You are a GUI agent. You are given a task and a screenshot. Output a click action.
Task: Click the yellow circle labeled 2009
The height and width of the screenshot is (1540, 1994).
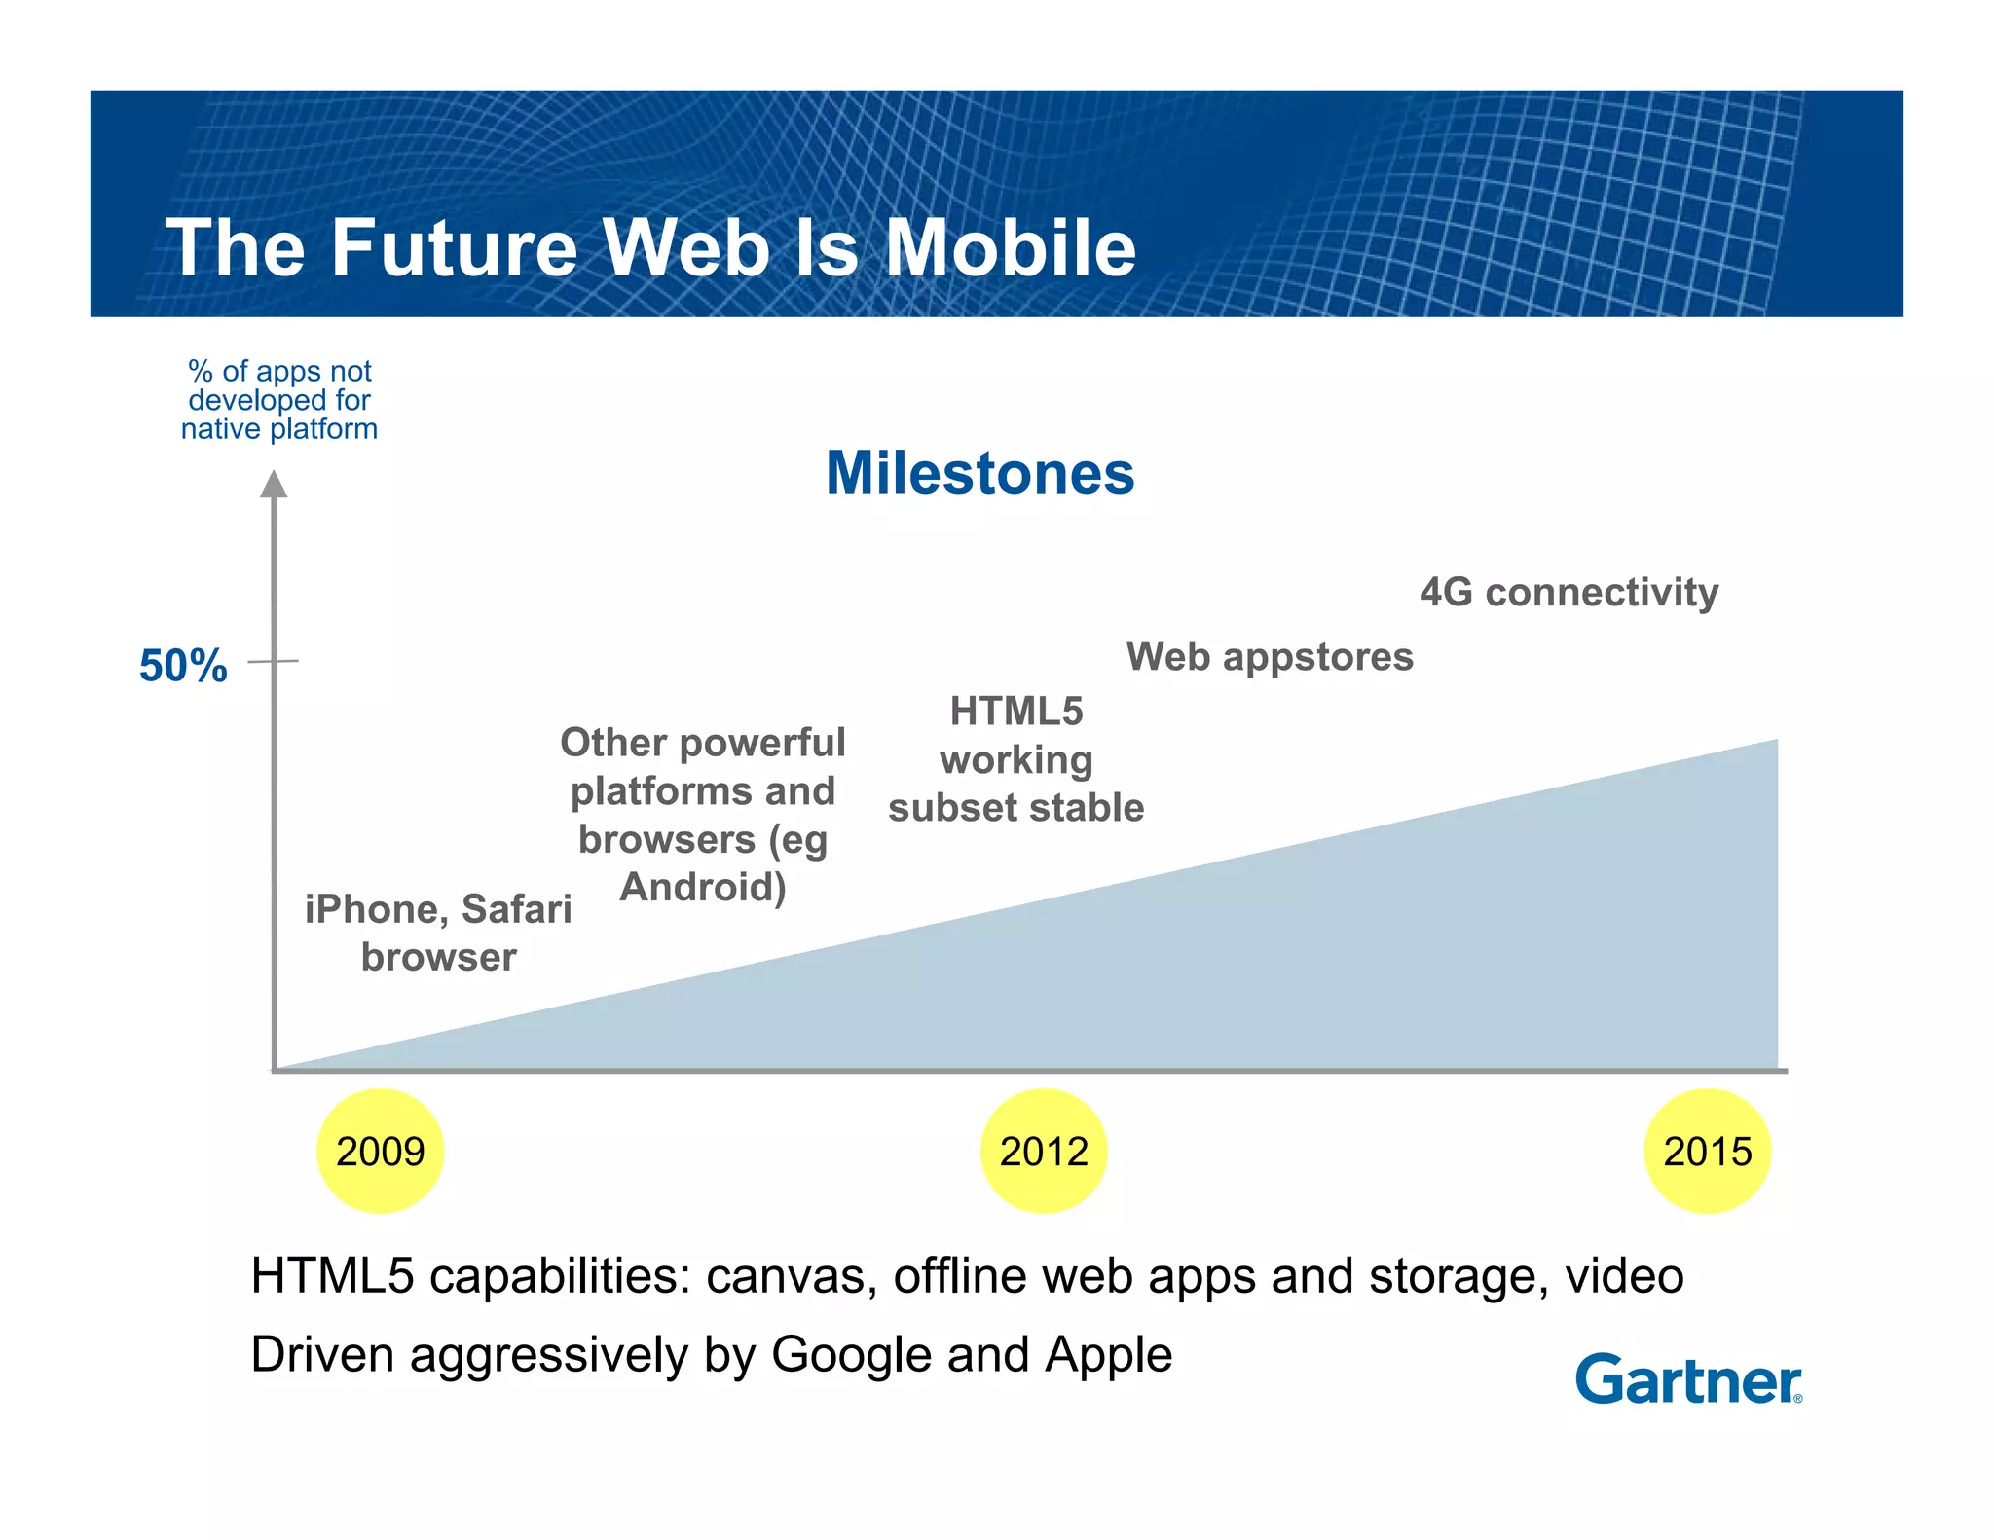[x=380, y=1151]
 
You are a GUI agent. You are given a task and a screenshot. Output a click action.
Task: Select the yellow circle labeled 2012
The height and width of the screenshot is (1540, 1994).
[x=1043, y=1151]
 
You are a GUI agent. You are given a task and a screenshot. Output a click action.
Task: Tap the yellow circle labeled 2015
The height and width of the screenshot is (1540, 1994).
[x=1707, y=1151]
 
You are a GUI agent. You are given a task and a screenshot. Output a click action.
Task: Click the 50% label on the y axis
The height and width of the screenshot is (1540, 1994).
[x=183, y=667]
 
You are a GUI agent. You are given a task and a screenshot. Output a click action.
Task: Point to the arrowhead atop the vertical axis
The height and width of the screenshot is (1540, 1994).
[x=275, y=484]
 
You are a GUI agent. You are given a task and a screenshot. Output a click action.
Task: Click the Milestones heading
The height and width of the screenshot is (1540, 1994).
[x=979, y=473]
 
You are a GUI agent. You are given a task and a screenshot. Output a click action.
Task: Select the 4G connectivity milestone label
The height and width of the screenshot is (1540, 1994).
[x=1569, y=592]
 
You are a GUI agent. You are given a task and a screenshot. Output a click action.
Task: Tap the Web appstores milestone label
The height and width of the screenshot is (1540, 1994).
[x=1270, y=657]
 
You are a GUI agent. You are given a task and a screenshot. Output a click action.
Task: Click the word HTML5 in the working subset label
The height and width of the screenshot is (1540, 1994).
[x=1015, y=712]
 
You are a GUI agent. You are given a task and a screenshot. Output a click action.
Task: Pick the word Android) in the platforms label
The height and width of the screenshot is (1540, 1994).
[x=703, y=887]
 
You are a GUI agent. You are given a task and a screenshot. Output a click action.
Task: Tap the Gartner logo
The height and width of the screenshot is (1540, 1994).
[x=1688, y=1379]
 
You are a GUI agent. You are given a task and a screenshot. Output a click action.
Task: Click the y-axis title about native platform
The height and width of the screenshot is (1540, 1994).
[x=279, y=400]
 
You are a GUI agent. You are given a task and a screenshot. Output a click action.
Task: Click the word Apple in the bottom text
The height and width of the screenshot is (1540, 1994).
[x=1109, y=1355]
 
